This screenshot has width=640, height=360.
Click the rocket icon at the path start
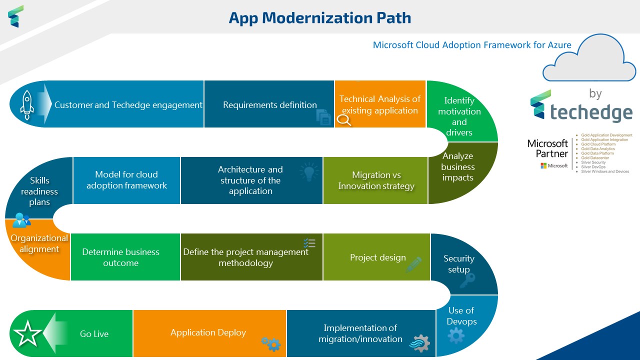click(27, 104)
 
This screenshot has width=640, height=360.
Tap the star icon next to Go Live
click(27, 334)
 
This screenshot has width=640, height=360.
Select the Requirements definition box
click(269, 104)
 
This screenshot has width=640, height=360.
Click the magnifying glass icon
click(344, 120)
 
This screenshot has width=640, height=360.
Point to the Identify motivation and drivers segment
click(459, 116)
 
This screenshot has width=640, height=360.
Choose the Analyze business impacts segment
click(458, 167)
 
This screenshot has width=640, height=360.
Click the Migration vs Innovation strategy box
click(376, 180)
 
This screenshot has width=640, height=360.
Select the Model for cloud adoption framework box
click(126, 180)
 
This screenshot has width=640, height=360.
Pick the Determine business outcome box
click(120, 257)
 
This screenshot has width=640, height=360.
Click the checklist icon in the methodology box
click(309, 243)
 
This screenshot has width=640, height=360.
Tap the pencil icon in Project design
click(414, 264)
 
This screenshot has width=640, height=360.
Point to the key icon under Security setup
click(467, 281)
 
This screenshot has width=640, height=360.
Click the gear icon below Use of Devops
click(456, 335)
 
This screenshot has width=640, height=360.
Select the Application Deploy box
click(208, 332)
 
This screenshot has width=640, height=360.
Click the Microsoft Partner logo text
click(547, 148)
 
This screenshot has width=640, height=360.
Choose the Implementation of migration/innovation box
click(360, 333)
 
